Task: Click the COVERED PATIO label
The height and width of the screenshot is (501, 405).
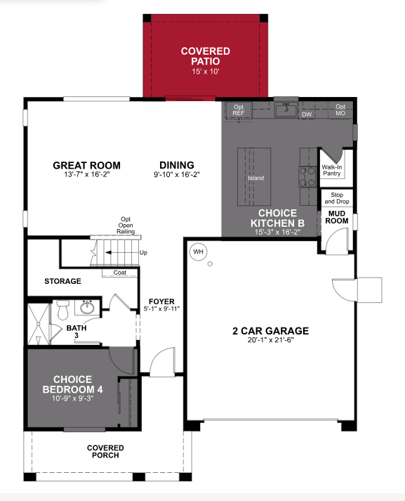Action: (205, 56)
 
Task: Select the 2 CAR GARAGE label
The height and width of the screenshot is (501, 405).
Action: (270, 330)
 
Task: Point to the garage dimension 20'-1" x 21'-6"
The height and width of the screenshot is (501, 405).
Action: (270, 340)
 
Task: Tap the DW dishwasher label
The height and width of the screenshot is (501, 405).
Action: (306, 114)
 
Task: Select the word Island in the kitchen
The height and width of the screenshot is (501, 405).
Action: (255, 178)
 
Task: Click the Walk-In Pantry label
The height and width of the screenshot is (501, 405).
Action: (331, 171)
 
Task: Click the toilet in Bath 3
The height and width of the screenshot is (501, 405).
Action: (62, 309)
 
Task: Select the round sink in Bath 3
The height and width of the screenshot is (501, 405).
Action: (88, 307)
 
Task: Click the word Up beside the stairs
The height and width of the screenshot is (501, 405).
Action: (144, 252)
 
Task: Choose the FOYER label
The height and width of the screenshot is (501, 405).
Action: (161, 301)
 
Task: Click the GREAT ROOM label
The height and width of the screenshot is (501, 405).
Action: (86, 166)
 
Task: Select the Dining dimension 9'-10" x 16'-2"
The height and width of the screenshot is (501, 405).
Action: (177, 175)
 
